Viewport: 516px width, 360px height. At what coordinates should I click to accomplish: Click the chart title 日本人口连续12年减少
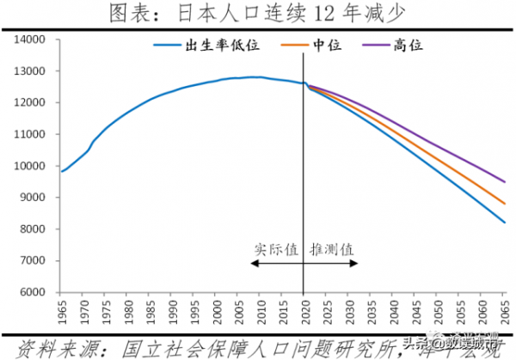click(x=258, y=13)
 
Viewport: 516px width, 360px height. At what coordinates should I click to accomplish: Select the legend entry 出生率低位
click(x=212, y=45)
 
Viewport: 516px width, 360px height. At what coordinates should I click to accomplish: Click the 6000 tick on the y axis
click(x=33, y=293)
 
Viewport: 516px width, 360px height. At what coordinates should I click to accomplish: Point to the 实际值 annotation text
click(x=276, y=249)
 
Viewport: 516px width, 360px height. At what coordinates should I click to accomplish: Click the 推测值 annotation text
click(x=331, y=249)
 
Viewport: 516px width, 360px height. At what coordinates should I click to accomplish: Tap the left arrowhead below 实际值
click(x=253, y=263)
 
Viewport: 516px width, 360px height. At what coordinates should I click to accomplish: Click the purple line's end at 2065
click(x=503, y=181)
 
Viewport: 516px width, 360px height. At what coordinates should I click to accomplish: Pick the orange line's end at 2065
click(x=503, y=204)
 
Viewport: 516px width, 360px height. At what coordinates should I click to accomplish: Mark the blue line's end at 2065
click(x=503, y=223)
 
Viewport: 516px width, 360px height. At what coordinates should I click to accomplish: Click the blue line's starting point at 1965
click(x=61, y=171)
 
